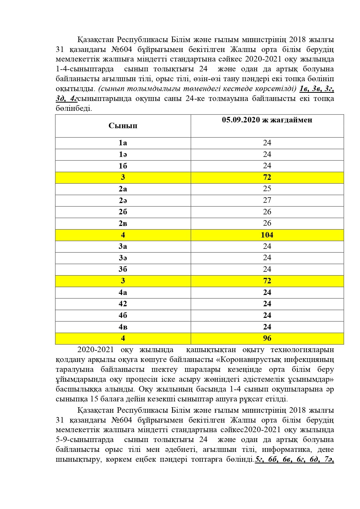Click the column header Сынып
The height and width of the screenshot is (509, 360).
(x=123, y=126)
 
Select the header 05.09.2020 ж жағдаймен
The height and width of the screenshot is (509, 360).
(x=267, y=120)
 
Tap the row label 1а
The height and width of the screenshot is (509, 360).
(x=123, y=143)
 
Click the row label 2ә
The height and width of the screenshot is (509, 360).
(x=123, y=200)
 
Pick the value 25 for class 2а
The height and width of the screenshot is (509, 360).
(x=267, y=189)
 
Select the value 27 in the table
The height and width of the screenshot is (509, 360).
(x=267, y=200)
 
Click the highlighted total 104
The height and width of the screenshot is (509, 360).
(x=267, y=235)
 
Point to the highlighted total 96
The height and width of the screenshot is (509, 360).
(x=267, y=338)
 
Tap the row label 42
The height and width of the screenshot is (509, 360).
(x=123, y=304)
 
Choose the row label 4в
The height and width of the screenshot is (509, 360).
(x=123, y=327)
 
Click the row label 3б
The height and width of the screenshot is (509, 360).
(x=123, y=269)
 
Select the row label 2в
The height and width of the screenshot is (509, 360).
(x=123, y=223)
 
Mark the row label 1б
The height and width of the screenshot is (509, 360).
(x=123, y=166)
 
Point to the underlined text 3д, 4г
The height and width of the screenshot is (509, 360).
(x=66, y=99)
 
